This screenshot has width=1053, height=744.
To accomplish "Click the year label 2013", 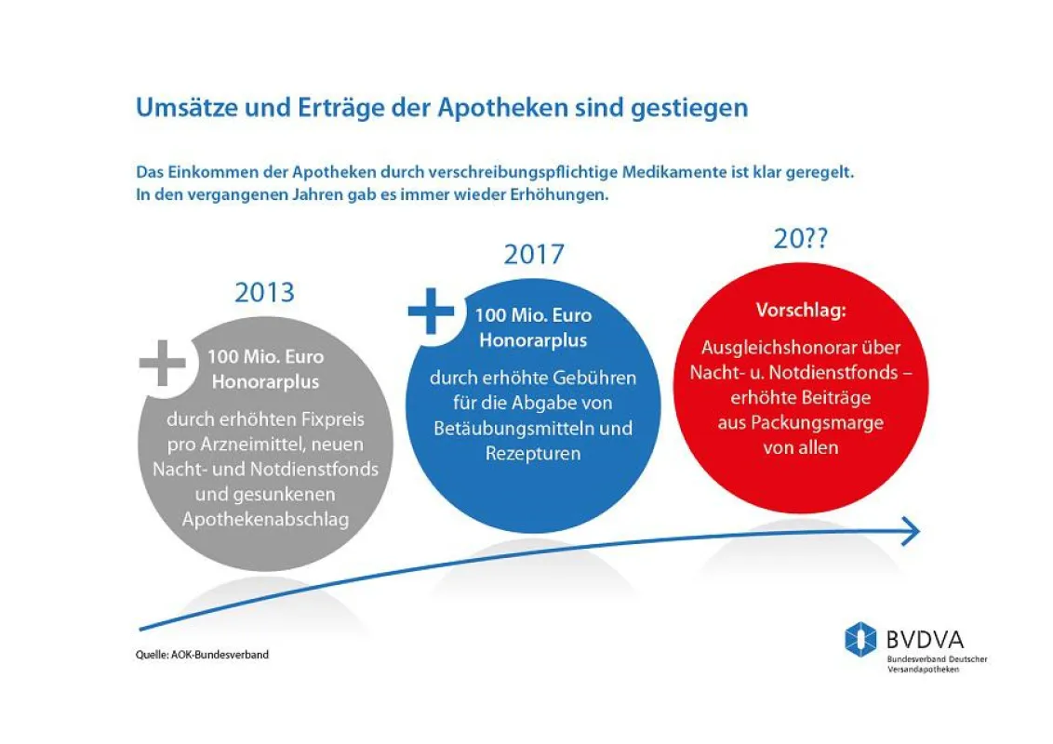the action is coord(264,293).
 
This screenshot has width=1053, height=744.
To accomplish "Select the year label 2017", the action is coord(534,255).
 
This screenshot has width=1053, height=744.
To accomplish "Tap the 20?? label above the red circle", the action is coord(801,238).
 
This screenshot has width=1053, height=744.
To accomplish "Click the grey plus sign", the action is coord(163,364).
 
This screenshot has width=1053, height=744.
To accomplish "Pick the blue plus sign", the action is coord(431,311).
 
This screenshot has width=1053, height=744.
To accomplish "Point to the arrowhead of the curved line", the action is coord(911,531).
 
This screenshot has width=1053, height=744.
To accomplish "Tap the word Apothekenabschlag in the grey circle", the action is coord(265,519).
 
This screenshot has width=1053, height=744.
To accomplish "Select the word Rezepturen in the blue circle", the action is coord(532,453).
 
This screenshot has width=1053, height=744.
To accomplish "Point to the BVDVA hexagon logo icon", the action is coord(860,639).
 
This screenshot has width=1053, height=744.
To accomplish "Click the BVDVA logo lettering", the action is coord(925,639).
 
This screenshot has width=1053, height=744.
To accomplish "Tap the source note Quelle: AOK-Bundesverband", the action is coord(202,655).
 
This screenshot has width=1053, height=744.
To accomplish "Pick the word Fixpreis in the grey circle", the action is coord(332,419).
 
